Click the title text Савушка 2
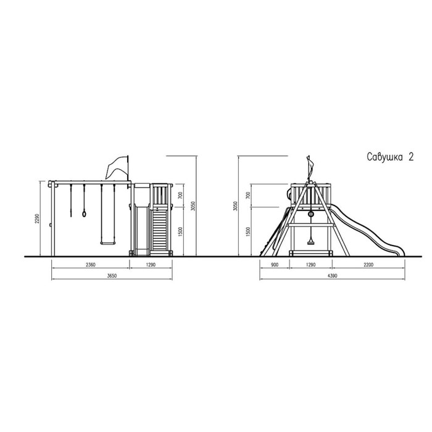[390, 157]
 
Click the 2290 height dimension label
[38, 218]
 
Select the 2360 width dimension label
[90, 265]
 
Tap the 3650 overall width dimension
[112, 276]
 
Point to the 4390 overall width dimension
[332, 276]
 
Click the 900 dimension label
[275, 265]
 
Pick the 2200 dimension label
[368, 265]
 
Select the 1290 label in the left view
[151, 265]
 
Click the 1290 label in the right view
[310, 265]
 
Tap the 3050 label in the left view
[193, 206]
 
